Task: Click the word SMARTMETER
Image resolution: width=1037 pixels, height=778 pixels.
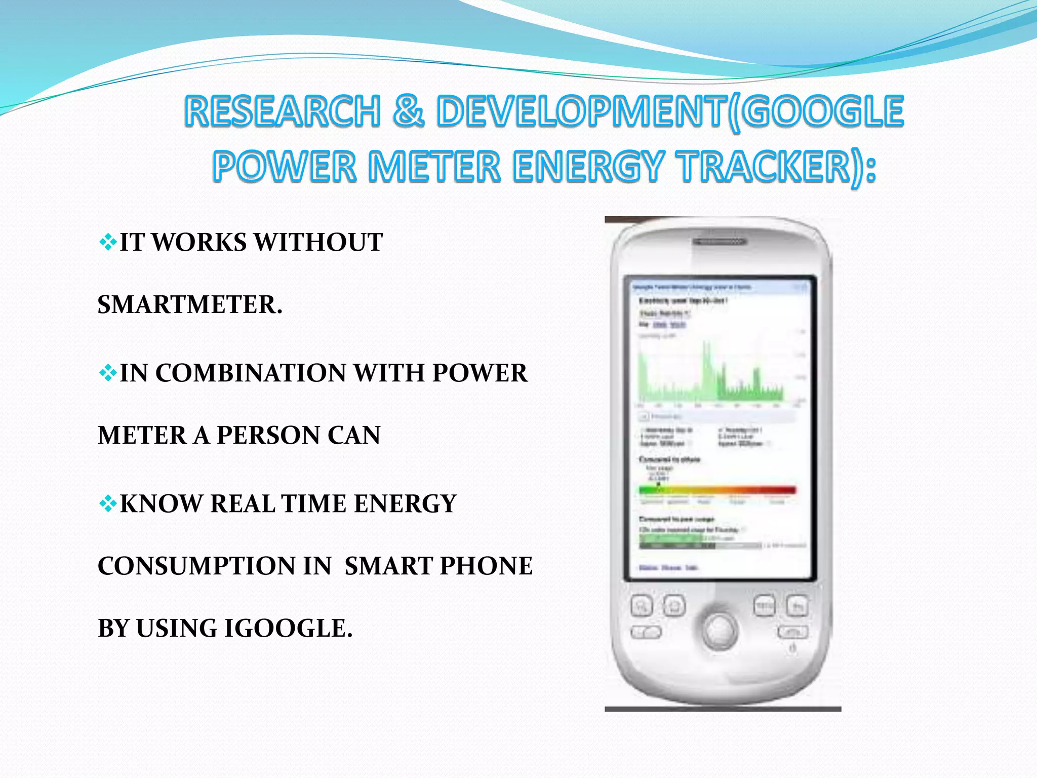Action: [190, 305]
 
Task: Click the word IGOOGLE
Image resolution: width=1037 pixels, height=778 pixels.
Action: [288, 629]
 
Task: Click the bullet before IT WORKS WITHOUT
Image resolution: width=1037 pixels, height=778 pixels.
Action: [108, 243]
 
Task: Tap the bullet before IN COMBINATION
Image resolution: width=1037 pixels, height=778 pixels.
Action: [108, 374]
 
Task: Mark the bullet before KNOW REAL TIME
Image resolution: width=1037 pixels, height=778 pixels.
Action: [108, 504]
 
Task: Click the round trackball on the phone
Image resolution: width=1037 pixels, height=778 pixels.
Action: [720, 629]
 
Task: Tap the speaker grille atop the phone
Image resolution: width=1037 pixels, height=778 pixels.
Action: [720, 242]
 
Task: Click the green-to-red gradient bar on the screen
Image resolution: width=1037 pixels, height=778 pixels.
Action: [717, 490]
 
